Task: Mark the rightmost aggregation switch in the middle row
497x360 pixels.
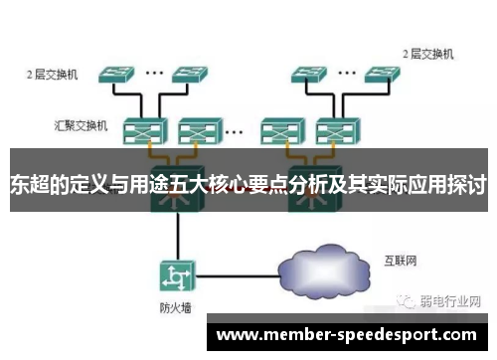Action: pyautogui.click(x=332, y=130)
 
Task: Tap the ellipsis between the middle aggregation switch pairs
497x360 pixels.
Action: pyautogui.click(x=235, y=129)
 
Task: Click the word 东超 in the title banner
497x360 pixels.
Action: pyautogui.click(x=30, y=184)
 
